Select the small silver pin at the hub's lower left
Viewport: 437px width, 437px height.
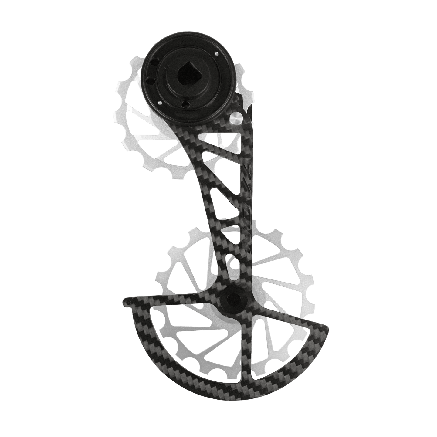click(x=159, y=103)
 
